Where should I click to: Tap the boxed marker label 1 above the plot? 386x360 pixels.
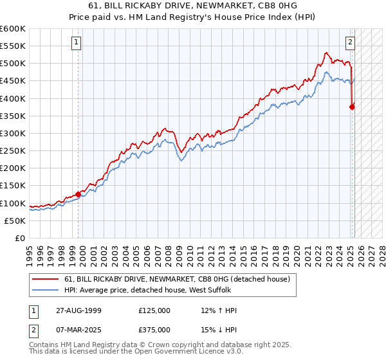pos(77,43)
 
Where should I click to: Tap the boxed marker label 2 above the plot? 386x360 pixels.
pos(350,43)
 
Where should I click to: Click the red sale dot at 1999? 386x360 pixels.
pos(78,194)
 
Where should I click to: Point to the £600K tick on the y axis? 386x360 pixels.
pos(13,29)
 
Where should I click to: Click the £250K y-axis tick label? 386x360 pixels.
pos(13,151)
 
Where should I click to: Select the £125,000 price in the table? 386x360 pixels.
pos(154,310)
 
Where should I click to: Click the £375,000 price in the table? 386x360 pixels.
pos(154,330)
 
